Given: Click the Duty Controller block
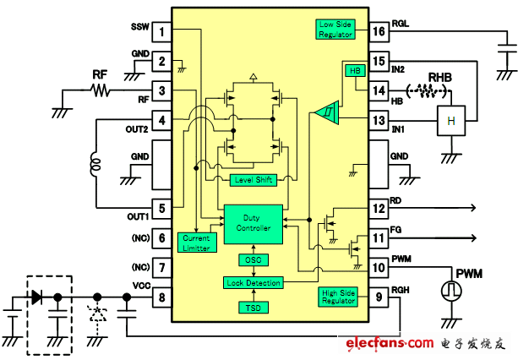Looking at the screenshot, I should click(x=252, y=223).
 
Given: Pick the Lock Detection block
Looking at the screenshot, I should click(x=252, y=282).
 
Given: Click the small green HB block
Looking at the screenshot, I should click(x=353, y=72).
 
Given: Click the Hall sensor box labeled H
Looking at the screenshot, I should click(x=450, y=121).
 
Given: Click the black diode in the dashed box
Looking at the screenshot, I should click(x=37, y=297).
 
